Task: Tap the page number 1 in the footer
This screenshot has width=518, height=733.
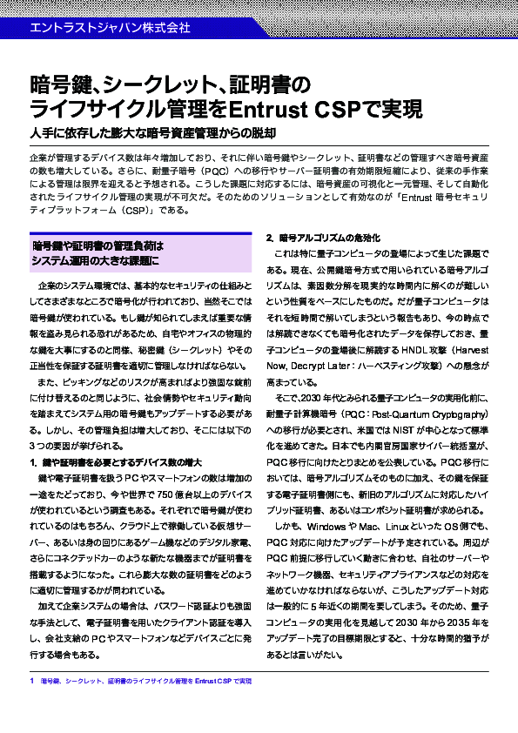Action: click(x=31, y=679)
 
